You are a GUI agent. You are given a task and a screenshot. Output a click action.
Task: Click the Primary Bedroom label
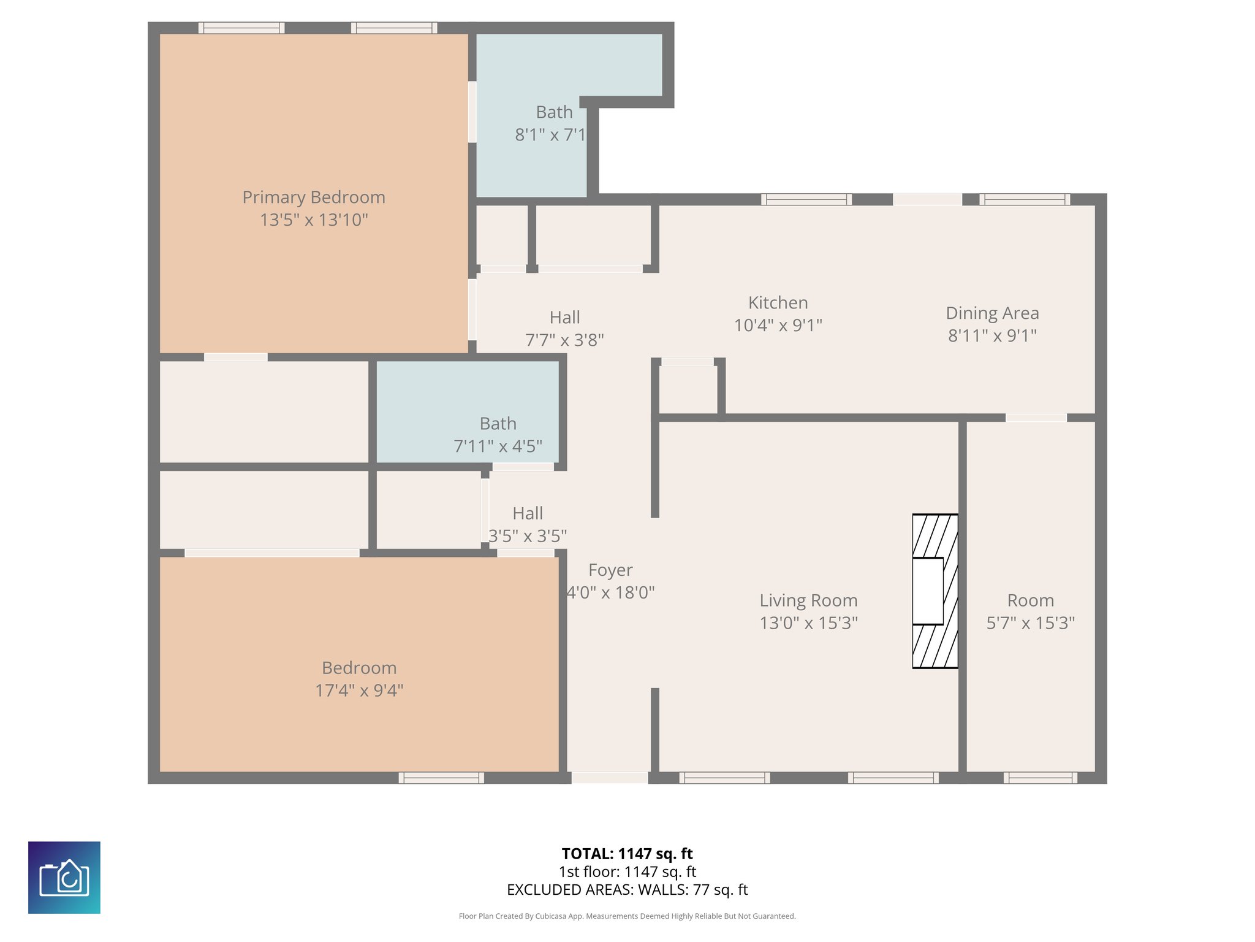pyautogui.click(x=314, y=197)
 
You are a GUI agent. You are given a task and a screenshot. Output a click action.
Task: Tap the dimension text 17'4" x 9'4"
pyautogui.click(x=359, y=691)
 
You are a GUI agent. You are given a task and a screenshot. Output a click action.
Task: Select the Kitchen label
pyautogui.click(x=778, y=303)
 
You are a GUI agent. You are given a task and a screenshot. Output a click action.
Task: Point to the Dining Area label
pyautogui.click(x=992, y=313)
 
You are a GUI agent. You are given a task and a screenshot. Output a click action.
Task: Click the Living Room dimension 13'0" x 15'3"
pyautogui.click(x=808, y=623)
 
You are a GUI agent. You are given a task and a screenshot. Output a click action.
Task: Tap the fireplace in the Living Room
pyautogui.click(x=935, y=591)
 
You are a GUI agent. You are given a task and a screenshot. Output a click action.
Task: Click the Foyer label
pyautogui.click(x=610, y=570)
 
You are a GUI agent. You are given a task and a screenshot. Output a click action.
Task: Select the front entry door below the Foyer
pyautogui.click(x=610, y=778)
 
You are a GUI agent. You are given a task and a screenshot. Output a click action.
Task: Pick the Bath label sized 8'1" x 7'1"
pyautogui.click(x=554, y=112)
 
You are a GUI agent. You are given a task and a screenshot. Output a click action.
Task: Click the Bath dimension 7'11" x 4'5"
pyautogui.click(x=498, y=446)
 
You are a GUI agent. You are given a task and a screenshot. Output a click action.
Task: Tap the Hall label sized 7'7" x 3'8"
pyautogui.click(x=564, y=318)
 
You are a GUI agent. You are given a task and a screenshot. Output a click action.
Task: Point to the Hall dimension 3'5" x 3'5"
pyautogui.click(x=528, y=537)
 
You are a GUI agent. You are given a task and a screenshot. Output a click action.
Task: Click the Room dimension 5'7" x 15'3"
pyautogui.click(x=1031, y=623)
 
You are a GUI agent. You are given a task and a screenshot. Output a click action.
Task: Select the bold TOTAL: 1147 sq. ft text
pyautogui.click(x=627, y=854)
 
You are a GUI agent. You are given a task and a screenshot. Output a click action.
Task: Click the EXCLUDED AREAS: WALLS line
pyautogui.click(x=627, y=890)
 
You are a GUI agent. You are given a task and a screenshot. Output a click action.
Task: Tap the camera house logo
pyautogui.click(x=64, y=878)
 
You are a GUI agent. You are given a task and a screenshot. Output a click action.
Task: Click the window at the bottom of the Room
pyautogui.click(x=1040, y=778)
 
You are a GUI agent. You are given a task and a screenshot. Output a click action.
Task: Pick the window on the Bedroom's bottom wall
pyautogui.click(x=441, y=778)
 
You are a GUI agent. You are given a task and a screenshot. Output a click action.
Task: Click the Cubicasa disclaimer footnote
pyautogui.click(x=627, y=916)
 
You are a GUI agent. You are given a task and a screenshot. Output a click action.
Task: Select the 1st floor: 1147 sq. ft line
pyautogui.click(x=627, y=871)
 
